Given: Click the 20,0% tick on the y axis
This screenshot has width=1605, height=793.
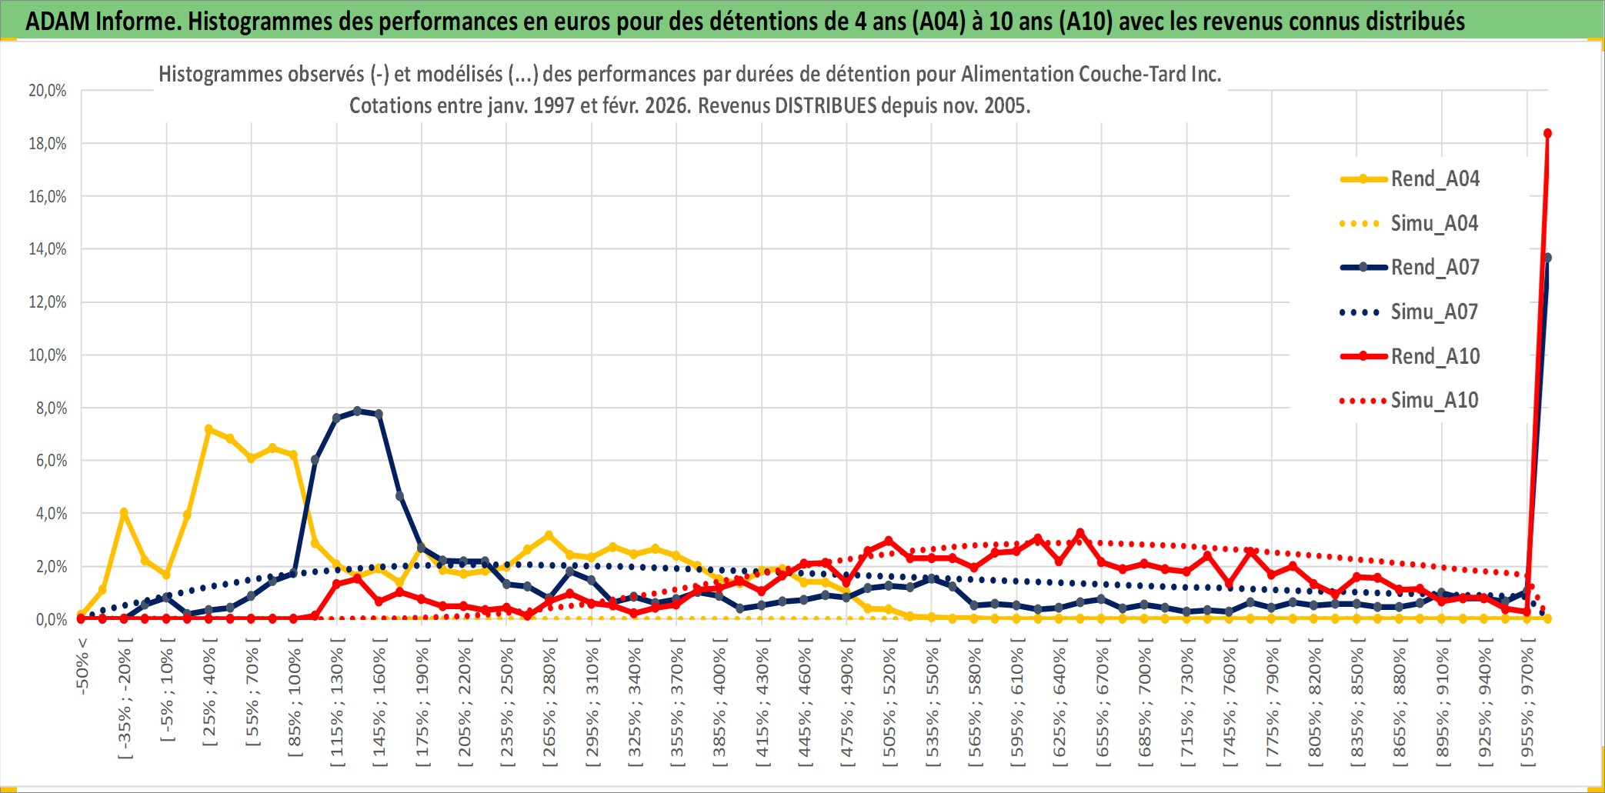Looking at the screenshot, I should [x=48, y=91].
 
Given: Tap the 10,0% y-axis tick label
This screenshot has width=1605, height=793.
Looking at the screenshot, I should [x=48, y=355].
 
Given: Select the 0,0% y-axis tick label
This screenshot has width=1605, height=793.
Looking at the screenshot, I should [x=51, y=620].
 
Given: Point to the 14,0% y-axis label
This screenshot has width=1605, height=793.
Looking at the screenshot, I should [x=48, y=249].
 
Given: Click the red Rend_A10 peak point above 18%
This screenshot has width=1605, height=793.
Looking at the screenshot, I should [x=1547, y=134].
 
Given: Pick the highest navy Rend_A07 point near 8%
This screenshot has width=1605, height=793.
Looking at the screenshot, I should [x=357, y=411].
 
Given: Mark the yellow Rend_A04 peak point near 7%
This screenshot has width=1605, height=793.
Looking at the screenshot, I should [x=209, y=428].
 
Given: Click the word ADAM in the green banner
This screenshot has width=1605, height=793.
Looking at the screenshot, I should [x=57, y=21].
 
